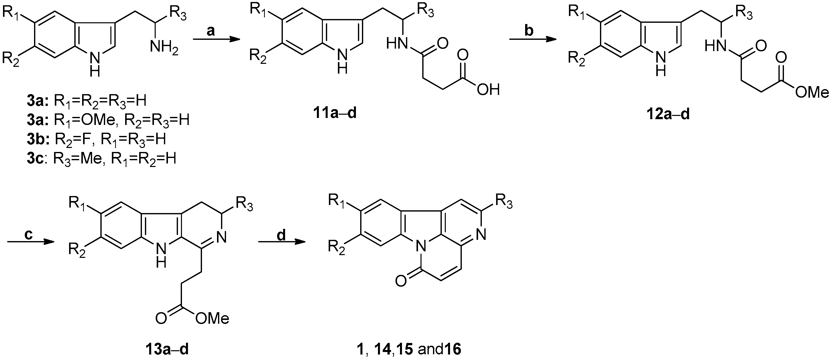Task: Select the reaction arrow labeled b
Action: pyautogui.click(x=533, y=40)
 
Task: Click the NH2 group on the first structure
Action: pyautogui.click(x=164, y=49)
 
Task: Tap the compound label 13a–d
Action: pyautogui.click(x=166, y=349)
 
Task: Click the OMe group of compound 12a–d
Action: pyautogui.click(x=811, y=92)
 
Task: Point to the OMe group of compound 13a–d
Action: pyautogui.click(x=212, y=318)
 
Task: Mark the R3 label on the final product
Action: pyautogui.click(x=504, y=203)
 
